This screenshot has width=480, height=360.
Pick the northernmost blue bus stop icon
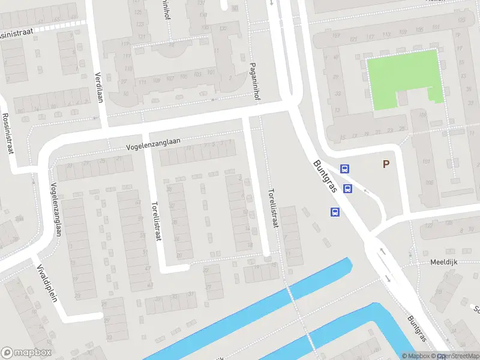pyautogui.click(x=344, y=169)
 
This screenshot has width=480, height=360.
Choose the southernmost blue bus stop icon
pyautogui.click(x=335, y=212)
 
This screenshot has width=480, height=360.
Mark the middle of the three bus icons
pyautogui.click(x=347, y=189)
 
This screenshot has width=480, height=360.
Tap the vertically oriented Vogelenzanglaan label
pyautogui.click(x=56, y=209)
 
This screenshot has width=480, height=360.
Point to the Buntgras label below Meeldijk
pyautogui.click(x=416, y=330)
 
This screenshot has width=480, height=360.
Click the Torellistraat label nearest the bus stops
pyautogui.click(x=274, y=207)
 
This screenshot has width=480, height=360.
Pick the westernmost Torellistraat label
pyautogui.click(x=158, y=220)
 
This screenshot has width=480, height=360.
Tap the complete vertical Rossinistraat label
pyautogui.click(x=8, y=133)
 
